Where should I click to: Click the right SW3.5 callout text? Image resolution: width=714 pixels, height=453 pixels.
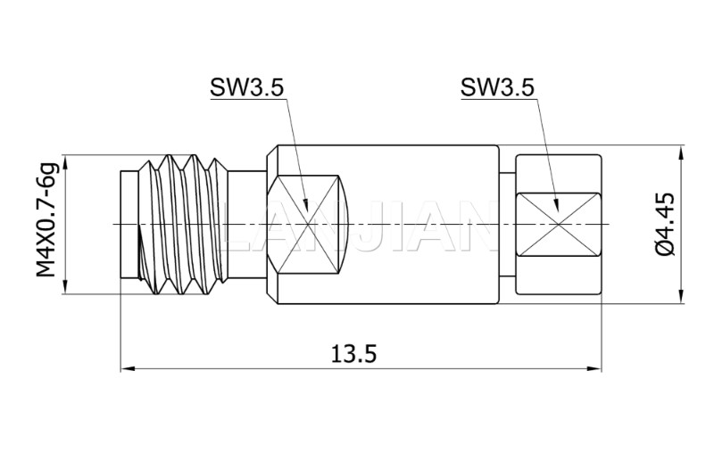click(x=497, y=87)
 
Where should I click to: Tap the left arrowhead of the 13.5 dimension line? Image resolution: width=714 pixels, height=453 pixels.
click(x=126, y=367)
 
